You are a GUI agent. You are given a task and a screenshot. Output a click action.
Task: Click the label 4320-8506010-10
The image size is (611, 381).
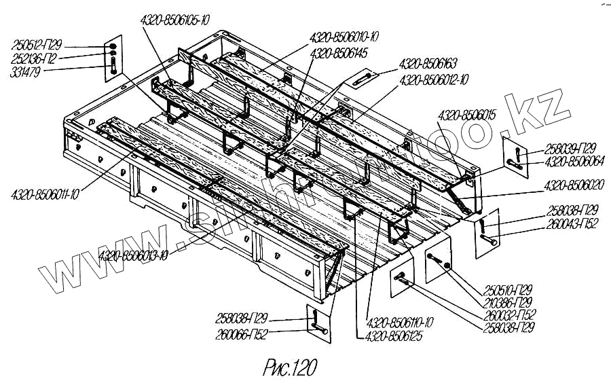point(344,37)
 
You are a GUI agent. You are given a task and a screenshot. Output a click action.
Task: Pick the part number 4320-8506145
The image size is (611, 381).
point(338,52)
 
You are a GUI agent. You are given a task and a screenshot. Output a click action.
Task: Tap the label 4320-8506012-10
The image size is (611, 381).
point(434,80)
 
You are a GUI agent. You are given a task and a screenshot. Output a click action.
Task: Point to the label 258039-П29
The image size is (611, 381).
point(571,151)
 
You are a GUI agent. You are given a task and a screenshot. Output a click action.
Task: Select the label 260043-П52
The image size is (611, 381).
point(572,223)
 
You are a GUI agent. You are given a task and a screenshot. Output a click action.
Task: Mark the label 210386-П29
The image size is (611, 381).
point(508,303)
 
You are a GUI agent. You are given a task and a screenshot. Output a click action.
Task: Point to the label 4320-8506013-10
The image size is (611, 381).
point(134,256)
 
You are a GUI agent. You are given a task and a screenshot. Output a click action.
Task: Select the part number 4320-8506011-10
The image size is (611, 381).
point(45,195)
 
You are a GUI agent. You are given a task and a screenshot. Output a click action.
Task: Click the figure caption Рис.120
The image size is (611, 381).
point(289,367)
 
